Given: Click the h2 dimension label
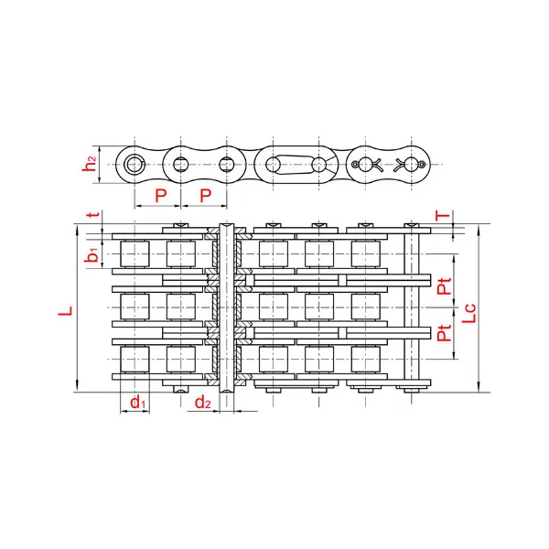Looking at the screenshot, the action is (90, 164).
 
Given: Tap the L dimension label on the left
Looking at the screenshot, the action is (66, 311).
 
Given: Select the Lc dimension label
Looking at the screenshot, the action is (468, 313).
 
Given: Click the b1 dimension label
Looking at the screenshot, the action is (91, 254).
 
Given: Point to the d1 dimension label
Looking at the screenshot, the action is (137, 403).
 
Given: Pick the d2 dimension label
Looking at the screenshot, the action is (203, 403).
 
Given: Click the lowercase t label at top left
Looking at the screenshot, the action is (94, 214).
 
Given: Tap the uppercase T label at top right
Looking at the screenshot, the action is (442, 215).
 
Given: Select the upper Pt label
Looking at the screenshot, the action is (445, 286).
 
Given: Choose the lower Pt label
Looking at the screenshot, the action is (445, 333).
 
